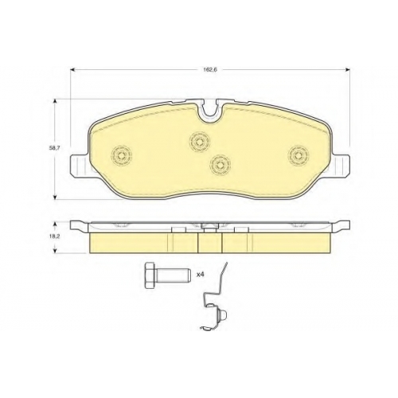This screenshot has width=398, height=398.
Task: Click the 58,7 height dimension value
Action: (x=54, y=149)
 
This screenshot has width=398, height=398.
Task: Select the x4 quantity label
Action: (x=200, y=275)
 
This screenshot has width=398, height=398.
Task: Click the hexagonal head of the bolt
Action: (x=150, y=275)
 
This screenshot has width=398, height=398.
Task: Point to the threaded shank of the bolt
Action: (x=173, y=275)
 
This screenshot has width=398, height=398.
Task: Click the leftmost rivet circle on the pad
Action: (x=122, y=155)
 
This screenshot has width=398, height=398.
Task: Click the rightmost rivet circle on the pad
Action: (x=299, y=155)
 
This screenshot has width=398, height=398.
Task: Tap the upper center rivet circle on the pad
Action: (x=200, y=142)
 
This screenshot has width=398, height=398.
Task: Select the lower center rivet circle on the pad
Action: (x=220, y=165)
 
